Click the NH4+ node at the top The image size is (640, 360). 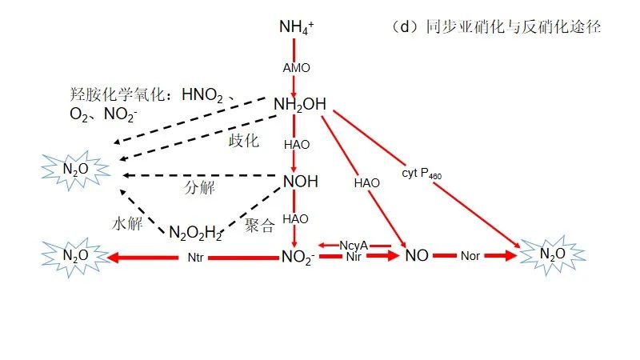pos(296,27)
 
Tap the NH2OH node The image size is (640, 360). pos(299,104)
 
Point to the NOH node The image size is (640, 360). pos(301,182)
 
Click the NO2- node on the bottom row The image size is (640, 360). pos(298,257)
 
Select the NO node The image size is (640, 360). pos(417,256)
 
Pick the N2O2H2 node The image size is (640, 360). pos(195,233)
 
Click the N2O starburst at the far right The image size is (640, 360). pos(553,254)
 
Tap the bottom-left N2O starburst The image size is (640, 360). pos(75,256)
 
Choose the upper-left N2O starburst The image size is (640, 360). pos(75,170)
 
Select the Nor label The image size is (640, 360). pos(470,257)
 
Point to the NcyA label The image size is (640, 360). pos(353,245)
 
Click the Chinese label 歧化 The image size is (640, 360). pos(244,141)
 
